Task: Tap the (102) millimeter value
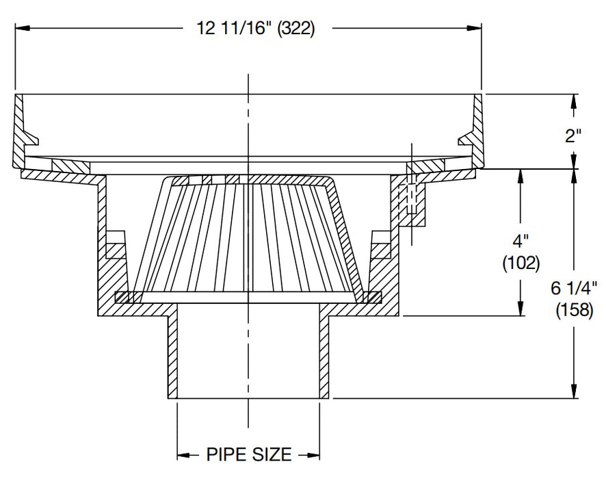521,262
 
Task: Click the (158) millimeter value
575,310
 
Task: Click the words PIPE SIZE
249,454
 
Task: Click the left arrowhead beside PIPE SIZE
183,454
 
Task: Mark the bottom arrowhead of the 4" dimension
522,309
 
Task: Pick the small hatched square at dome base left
122,297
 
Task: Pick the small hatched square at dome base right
373,297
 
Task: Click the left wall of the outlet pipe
173,356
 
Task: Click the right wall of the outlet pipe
324,356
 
